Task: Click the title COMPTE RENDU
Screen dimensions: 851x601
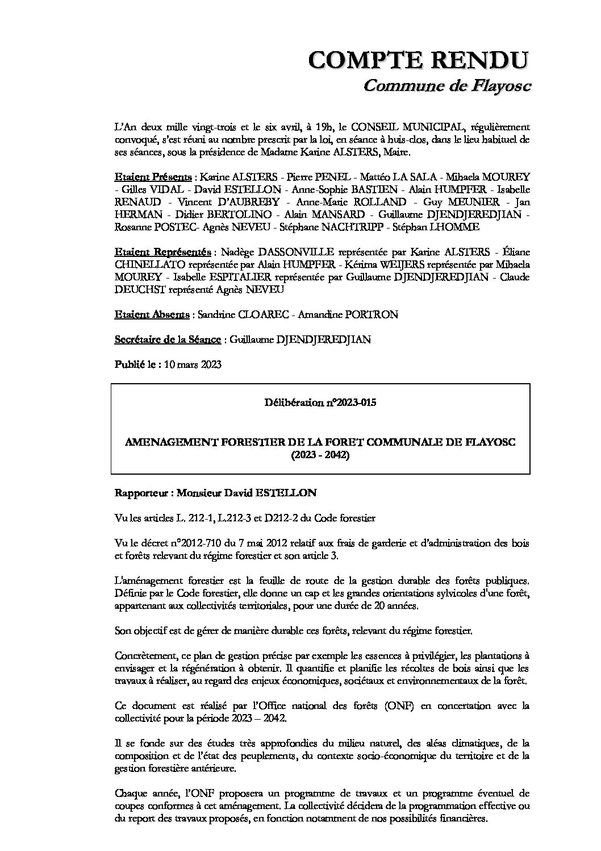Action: click(419, 60)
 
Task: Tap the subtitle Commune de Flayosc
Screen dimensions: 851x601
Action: click(446, 85)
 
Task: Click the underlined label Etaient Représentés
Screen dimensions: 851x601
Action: click(163, 252)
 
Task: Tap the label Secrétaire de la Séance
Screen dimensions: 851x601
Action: click(168, 339)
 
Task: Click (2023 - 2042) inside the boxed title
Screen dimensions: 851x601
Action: click(320, 455)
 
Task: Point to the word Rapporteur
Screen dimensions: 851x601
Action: click(141, 493)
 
